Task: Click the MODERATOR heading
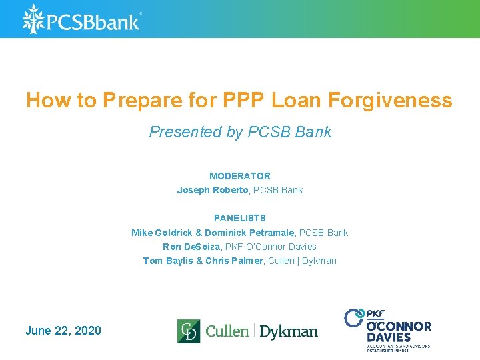click(240, 176)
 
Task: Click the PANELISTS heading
click(240, 218)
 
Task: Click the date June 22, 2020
click(63, 331)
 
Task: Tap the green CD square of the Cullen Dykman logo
click(189, 331)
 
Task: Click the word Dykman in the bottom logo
click(289, 331)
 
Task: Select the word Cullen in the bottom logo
click(227, 331)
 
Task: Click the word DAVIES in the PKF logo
click(389, 337)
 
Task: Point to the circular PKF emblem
click(353, 317)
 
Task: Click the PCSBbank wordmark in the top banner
click(93, 21)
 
